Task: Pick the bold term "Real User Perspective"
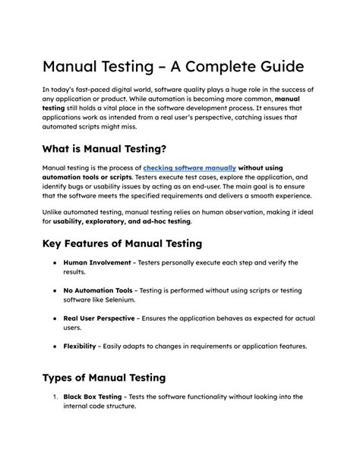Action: (x=99, y=318)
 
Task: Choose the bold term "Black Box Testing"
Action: (x=94, y=397)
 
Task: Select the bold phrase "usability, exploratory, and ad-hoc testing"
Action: (x=122, y=221)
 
